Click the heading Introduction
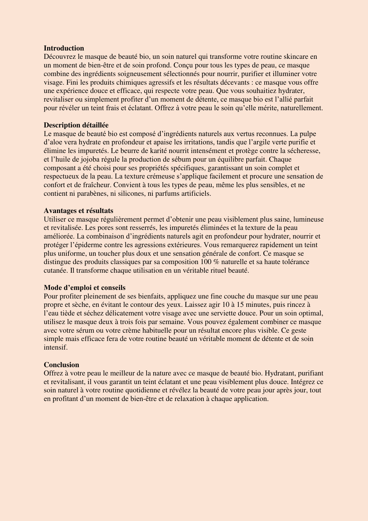point(64,48)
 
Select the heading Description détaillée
point(76,125)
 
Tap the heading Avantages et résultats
point(78,211)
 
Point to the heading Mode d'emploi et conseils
point(85,288)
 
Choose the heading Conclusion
point(61,365)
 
